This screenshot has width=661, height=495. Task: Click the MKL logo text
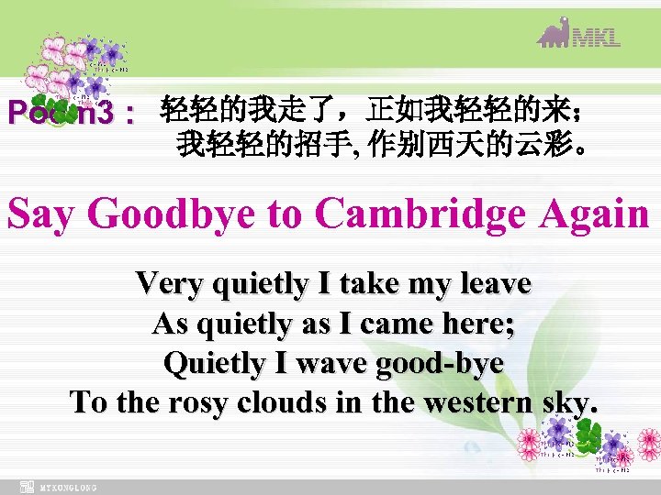tap(597, 37)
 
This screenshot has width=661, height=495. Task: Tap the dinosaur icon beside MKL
tap(555, 32)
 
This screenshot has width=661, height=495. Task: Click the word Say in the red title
tap(43, 214)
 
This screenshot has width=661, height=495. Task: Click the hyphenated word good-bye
tap(440, 363)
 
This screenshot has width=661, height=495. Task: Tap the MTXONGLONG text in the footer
tap(70, 488)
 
